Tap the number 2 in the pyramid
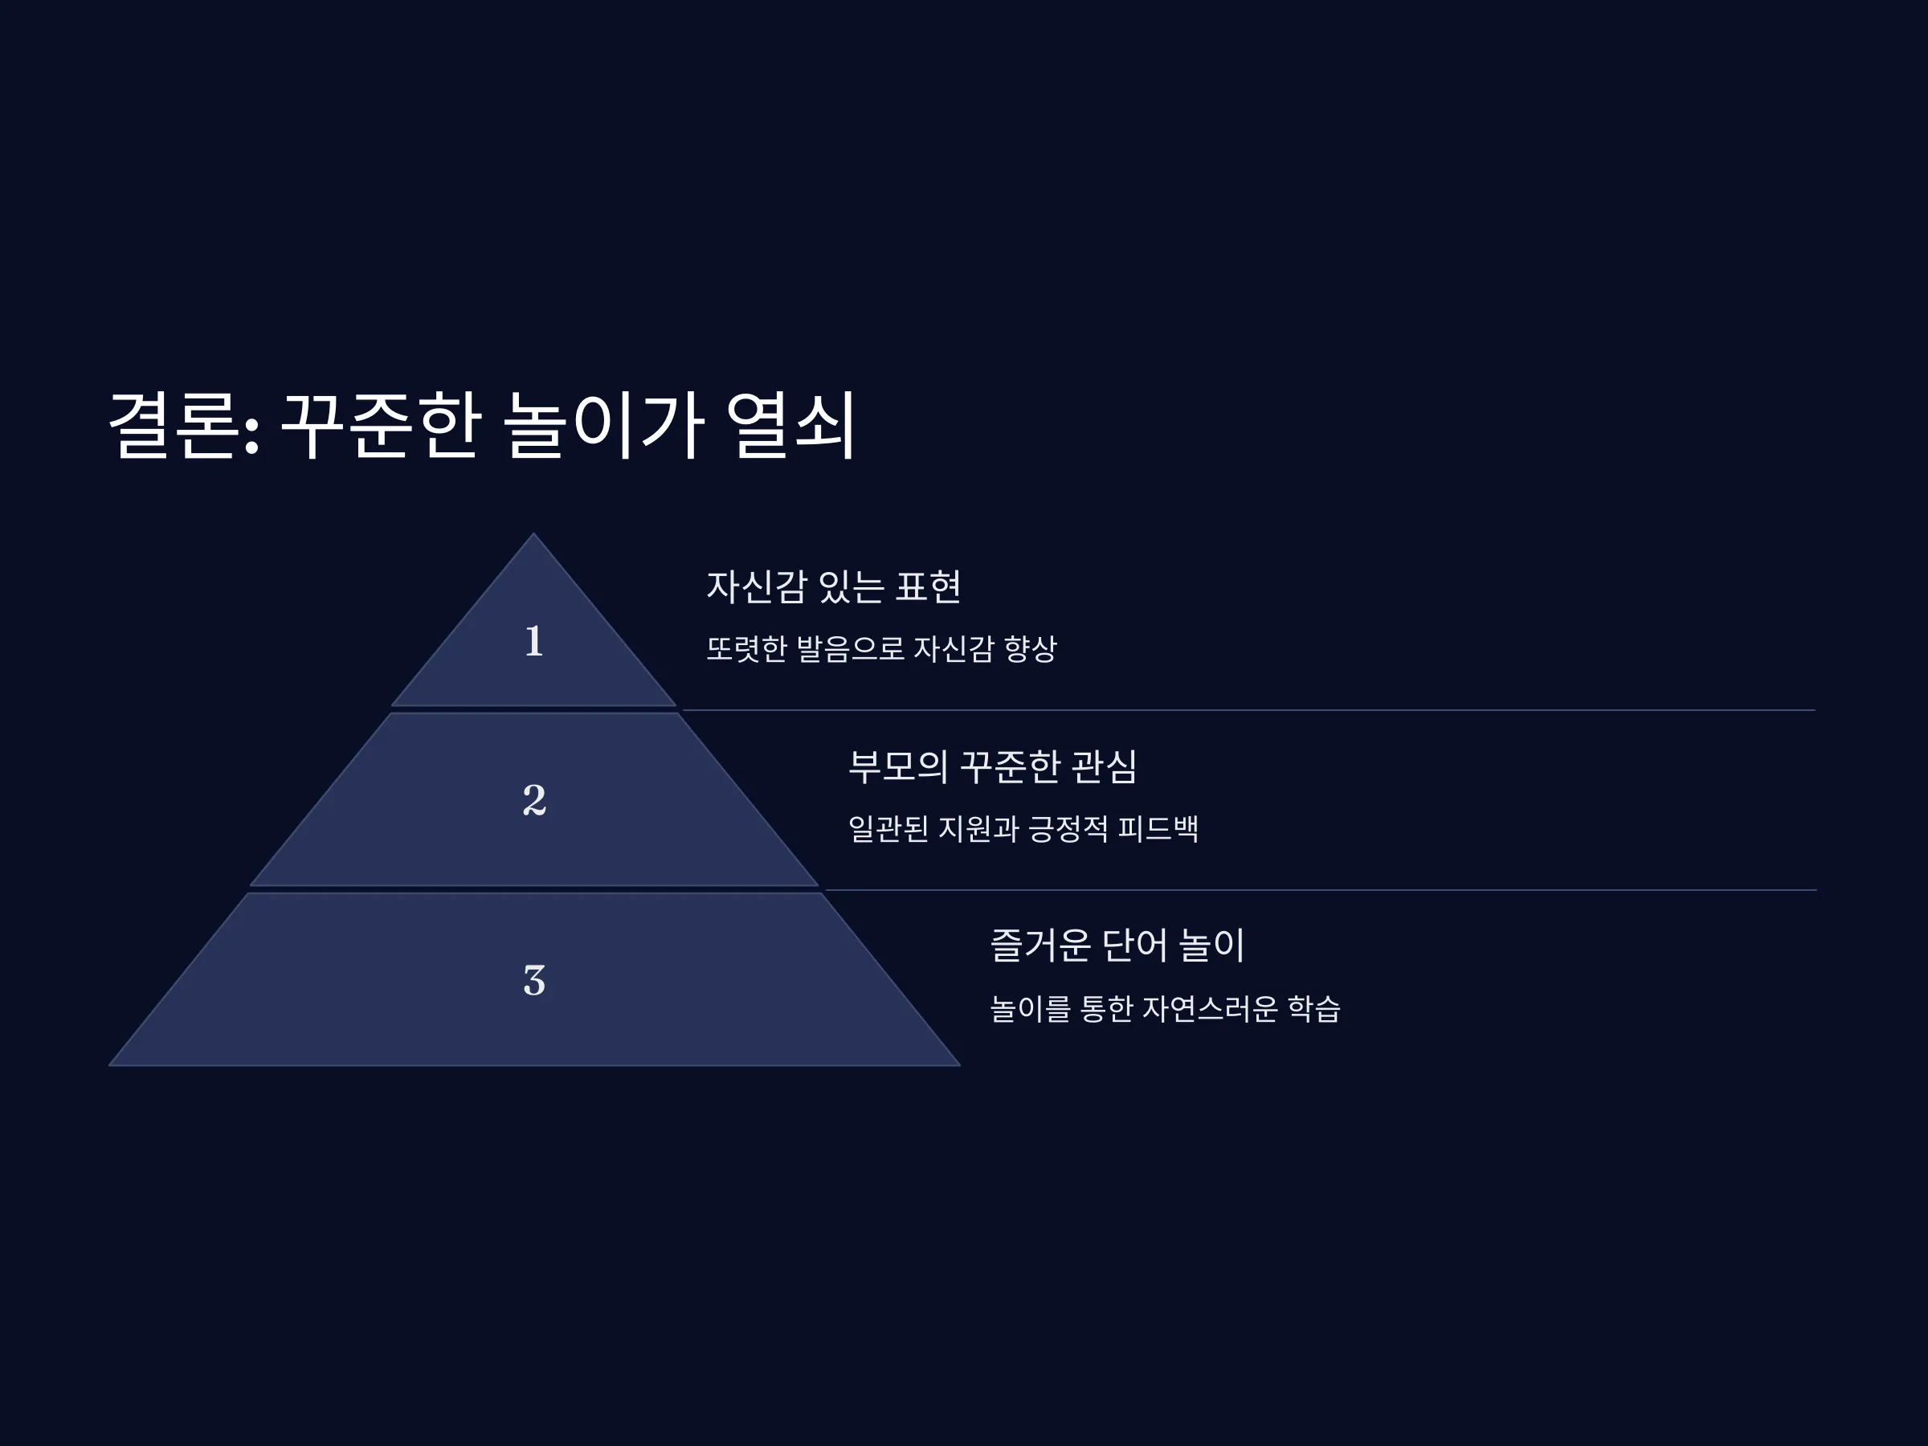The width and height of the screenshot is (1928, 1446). tap(534, 800)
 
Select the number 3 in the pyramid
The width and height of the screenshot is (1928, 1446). tap(534, 980)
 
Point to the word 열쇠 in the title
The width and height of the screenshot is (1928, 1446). tap(791, 425)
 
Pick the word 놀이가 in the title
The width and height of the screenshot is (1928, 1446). tap(605, 425)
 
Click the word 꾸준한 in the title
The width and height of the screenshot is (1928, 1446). tap(381, 425)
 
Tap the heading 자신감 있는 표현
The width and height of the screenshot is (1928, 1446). tap(833, 586)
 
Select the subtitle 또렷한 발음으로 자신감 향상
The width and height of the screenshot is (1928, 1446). tap(881, 648)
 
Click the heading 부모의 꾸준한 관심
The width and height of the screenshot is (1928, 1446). tap(993, 766)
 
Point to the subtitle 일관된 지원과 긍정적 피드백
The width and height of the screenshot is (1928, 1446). tap(1023, 828)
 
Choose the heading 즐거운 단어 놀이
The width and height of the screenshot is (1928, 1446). tap(1117, 945)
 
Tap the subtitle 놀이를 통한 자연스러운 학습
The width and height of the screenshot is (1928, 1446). tap(1166, 1008)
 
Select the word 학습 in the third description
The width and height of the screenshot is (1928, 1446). tap(1314, 1008)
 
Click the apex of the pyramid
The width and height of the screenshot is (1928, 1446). tap(534, 533)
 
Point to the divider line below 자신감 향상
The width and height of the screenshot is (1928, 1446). tap(1248, 710)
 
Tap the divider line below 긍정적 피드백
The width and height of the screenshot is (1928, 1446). tap(1321, 890)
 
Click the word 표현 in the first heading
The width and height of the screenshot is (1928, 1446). tap(929, 586)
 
